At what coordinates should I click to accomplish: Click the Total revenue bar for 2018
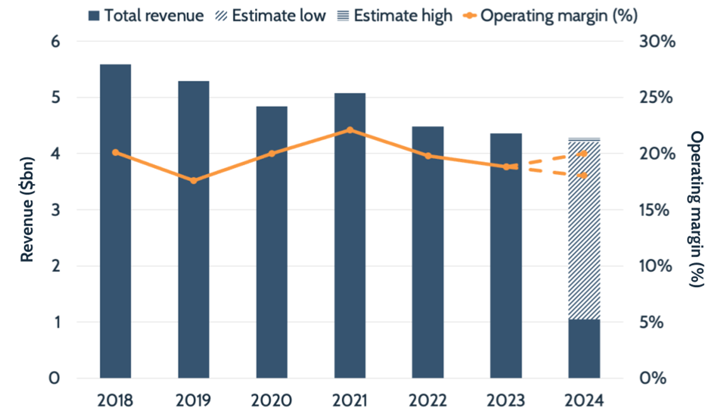click(115, 220)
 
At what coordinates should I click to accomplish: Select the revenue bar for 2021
click(350, 236)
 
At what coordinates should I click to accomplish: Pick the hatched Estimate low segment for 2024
click(584, 231)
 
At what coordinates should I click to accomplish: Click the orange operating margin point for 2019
click(193, 181)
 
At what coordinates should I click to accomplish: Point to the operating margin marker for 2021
click(350, 130)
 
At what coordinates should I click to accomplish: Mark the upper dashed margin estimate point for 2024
click(584, 153)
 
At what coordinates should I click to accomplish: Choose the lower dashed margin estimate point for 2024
click(584, 175)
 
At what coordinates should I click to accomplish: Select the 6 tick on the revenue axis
click(55, 42)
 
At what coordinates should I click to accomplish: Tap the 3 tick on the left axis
click(55, 210)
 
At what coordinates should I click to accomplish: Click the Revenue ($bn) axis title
click(26, 210)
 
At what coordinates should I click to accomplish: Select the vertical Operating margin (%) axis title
click(696, 210)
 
